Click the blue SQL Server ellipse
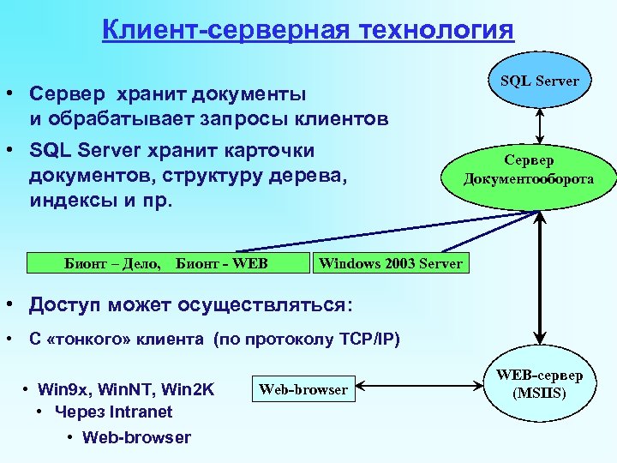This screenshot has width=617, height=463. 539,81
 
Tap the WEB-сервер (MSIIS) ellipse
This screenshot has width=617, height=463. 539,385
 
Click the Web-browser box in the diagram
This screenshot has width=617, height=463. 303,389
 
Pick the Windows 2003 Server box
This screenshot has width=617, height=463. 390,263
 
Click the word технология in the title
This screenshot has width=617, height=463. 439,31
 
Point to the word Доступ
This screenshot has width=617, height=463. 65,305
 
